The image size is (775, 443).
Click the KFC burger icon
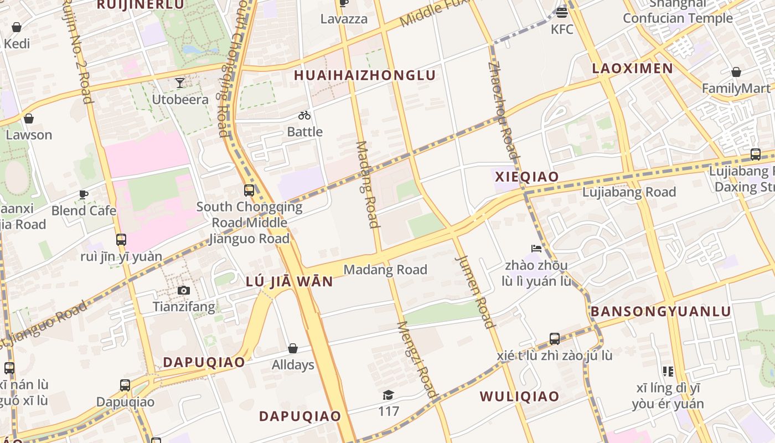coord(562,12)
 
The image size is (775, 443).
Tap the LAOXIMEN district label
coord(632,69)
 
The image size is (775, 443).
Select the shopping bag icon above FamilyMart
coord(736,72)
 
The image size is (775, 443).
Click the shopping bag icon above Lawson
coord(28,119)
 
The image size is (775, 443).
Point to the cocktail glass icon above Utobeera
coord(180,83)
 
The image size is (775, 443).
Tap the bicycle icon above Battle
coord(304,115)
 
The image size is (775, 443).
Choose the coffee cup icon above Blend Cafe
coord(83,194)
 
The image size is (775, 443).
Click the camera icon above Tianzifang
coord(183,290)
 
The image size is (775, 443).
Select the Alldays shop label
coord(293,365)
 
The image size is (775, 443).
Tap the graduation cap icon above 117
coord(389,395)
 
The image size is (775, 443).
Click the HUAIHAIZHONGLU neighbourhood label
coord(365,75)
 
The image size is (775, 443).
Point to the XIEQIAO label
coord(526,177)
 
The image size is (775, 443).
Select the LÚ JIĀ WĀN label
coord(290,282)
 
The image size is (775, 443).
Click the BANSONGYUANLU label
coord(661,311)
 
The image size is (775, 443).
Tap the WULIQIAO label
coord(519,396)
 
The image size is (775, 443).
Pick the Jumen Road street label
coord(474,291)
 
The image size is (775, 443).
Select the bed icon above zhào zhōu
coord(536,248)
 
